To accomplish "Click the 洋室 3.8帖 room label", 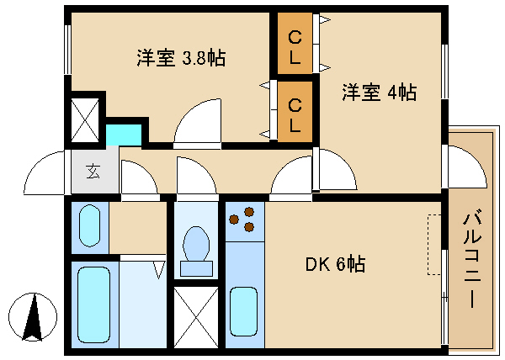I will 181,58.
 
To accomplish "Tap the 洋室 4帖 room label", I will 379,93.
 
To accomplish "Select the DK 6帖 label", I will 335,264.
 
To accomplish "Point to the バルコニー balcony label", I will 470,262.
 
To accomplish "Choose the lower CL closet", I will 295,114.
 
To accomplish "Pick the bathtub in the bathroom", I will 93,303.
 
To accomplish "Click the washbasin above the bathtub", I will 88,225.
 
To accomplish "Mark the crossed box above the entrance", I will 86,119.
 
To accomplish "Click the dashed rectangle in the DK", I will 434,244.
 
